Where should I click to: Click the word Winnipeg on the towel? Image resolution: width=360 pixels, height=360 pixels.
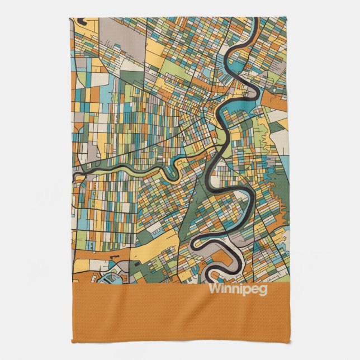[x=237, y=290]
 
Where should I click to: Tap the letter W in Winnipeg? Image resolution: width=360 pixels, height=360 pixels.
[x=214, y=289]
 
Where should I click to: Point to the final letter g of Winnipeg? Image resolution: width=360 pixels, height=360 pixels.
[x=263, y=291]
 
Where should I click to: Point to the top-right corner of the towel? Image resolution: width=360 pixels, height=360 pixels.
[x=288, y=18]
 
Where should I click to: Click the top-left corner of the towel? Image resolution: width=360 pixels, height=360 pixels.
[x=70, y=18]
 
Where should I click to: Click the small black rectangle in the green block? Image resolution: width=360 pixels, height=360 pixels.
[x=136, y=261]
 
